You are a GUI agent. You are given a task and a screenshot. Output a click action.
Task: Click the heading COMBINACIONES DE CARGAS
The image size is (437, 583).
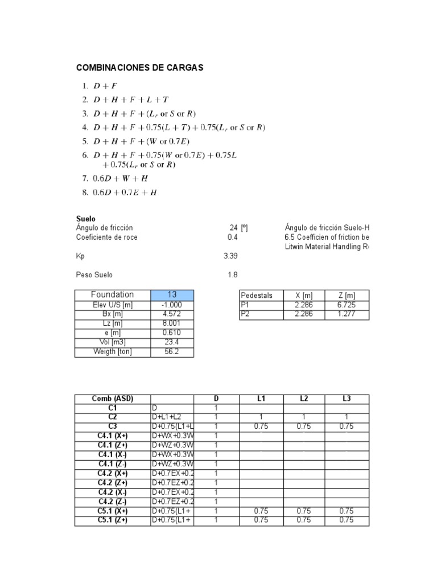[139, 68]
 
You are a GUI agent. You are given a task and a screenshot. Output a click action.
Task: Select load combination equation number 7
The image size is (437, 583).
[121, 178]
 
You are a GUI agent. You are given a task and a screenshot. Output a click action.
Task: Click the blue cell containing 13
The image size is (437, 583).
[172, 295]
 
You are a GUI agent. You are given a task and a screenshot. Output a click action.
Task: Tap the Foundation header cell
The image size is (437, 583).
[112, 295]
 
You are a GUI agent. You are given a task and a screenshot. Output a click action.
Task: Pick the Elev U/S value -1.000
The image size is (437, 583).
[171, 305]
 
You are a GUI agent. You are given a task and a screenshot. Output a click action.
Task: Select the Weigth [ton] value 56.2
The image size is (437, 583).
[171, 352]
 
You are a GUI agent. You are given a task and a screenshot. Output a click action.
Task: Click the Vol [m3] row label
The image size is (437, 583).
[112, 342]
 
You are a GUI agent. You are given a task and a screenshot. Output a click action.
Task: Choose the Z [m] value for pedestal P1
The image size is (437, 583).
[347, 305]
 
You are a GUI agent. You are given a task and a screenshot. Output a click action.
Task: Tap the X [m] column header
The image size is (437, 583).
[304, 295]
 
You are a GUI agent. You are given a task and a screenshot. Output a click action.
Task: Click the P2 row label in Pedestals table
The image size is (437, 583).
[246, 314]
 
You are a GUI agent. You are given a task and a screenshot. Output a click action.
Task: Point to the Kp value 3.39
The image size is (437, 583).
[230, 256]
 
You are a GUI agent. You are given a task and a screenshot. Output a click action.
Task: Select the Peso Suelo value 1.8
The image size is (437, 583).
[232, 275]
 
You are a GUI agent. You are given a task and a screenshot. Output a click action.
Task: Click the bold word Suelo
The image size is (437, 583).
[86, 219]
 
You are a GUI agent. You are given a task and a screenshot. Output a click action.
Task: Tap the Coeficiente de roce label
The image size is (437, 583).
[107, 237]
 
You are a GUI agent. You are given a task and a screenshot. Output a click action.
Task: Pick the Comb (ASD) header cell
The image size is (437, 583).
[112, 399]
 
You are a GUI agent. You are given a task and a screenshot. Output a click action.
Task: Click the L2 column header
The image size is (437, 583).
[304, 399]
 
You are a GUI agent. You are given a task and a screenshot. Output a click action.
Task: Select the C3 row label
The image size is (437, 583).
[112, 426]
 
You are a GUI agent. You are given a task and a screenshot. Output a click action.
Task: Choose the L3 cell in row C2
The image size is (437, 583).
[347, 417]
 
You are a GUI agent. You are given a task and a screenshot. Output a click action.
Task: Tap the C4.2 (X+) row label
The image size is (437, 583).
[112, 473]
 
